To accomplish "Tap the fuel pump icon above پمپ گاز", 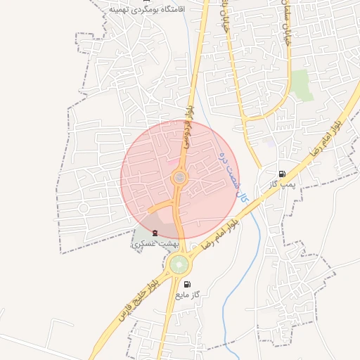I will [282, 174].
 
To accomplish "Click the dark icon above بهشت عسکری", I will [155, 233].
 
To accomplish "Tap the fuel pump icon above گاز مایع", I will [187, 284].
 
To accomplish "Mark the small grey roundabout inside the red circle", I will [180, 178].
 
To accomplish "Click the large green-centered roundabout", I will [179, 265].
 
